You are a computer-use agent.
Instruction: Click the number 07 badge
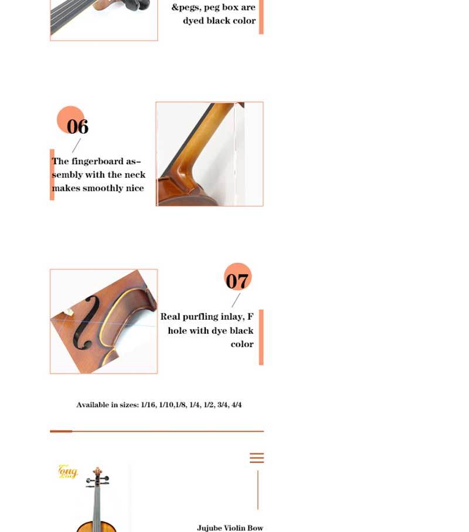point(237,277)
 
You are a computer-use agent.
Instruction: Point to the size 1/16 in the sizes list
point(148,405)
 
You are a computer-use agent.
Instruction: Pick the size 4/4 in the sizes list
point(236,405)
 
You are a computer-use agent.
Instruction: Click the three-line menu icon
point(257,458)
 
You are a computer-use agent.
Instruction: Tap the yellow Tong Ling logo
point(68,471)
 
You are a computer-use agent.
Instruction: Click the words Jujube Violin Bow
point(230,527)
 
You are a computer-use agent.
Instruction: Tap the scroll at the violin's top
point(98,471)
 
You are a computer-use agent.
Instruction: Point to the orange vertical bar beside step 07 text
point(261,337)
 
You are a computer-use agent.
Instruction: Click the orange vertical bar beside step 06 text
point(52,175)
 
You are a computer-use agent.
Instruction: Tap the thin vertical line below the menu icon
point(258,490)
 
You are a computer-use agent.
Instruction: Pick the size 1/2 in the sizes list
point(209,405)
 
